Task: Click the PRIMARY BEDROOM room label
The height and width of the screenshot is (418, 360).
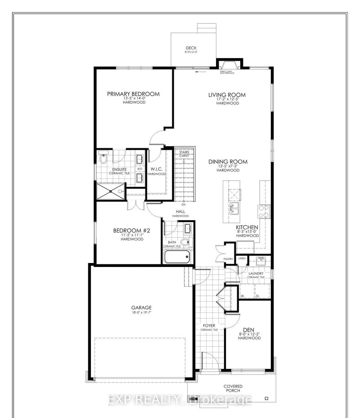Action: coord(133,94)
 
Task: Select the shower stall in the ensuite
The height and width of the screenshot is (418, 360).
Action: coord(110,192)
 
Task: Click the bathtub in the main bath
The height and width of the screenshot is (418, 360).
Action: coord(178,258)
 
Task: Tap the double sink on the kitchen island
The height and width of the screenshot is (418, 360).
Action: coord(234,207)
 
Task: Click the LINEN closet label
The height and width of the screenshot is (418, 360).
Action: coord(242,258)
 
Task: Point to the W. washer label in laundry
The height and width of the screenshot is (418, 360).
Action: coord(242,296)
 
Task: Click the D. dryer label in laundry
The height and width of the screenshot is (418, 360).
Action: coord(258,296)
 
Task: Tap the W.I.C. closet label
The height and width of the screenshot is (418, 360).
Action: coord(157,169)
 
